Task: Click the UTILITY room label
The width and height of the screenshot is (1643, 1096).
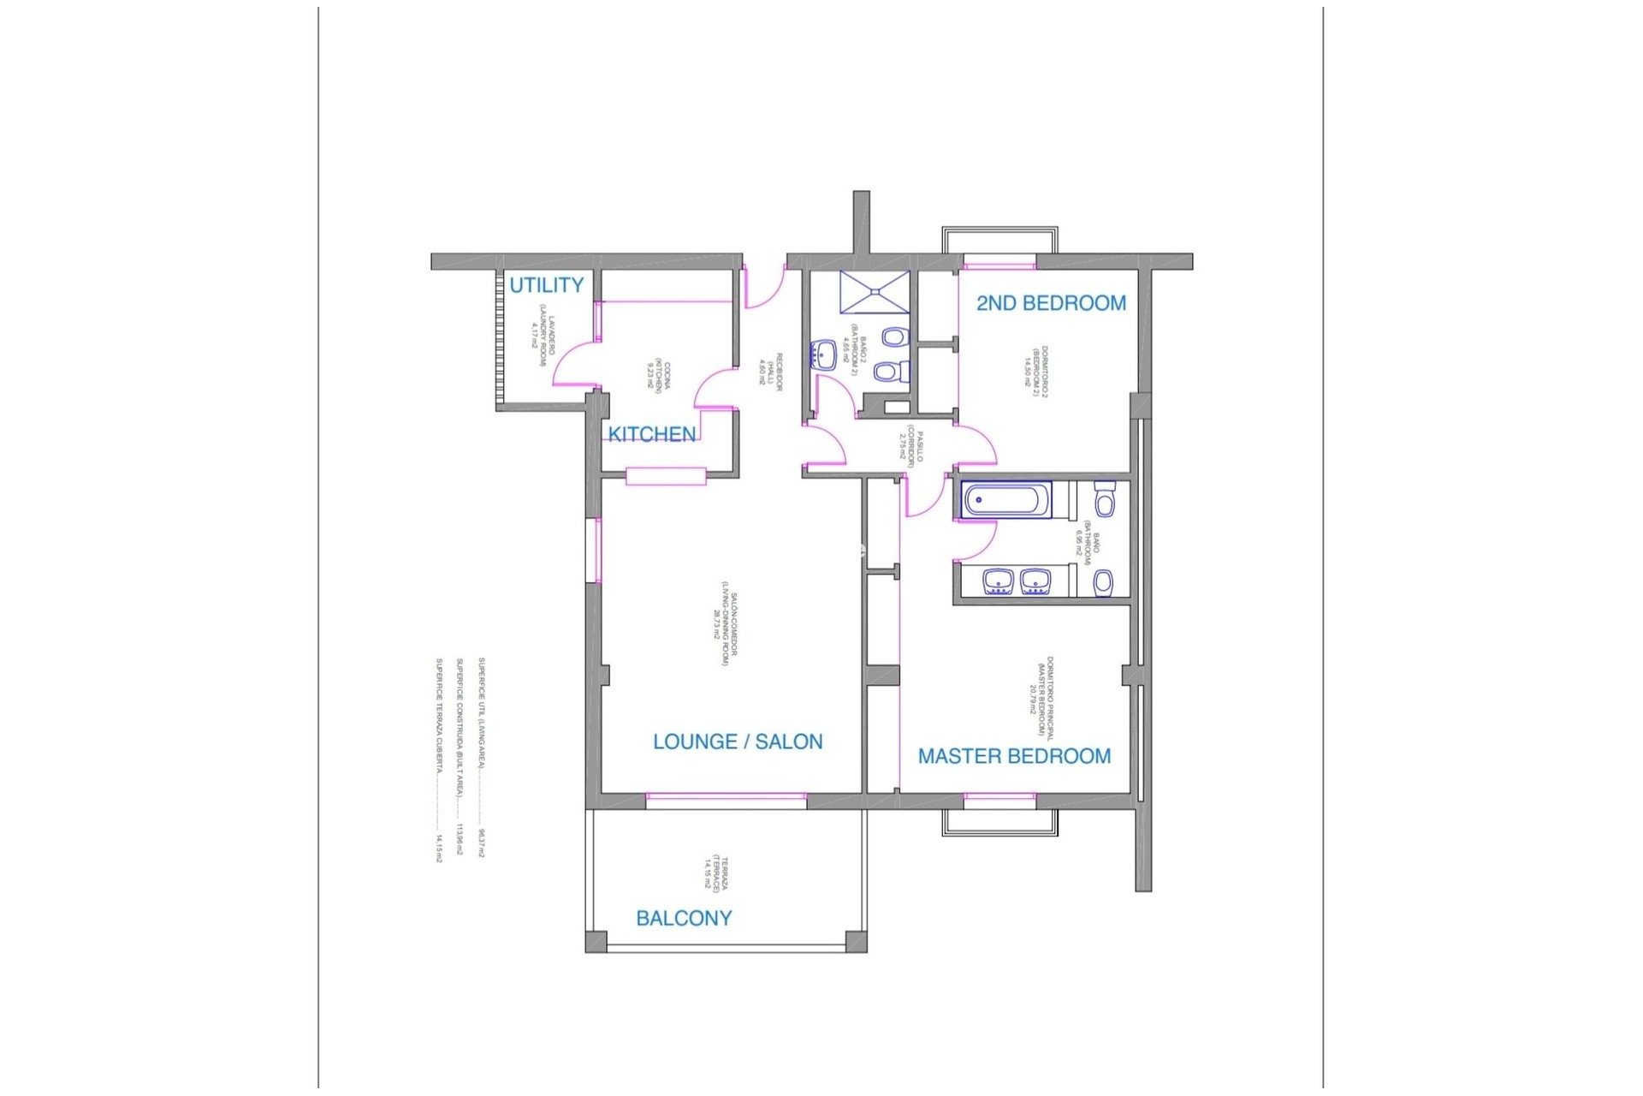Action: [546, 285]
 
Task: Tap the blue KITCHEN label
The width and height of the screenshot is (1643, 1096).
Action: [651, 434]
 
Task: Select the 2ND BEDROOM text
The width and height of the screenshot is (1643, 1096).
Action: [1051, 303]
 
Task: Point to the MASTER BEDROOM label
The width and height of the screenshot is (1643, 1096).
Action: [1014, 756]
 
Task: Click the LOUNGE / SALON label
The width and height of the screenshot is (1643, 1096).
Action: [738, 742]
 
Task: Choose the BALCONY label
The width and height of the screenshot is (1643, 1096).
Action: [684, 918]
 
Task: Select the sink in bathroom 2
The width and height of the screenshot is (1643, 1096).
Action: [823, 354]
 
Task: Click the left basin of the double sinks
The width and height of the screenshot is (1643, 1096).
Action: [998, 582]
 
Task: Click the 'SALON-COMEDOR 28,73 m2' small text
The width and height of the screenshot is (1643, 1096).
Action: [723, 624]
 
